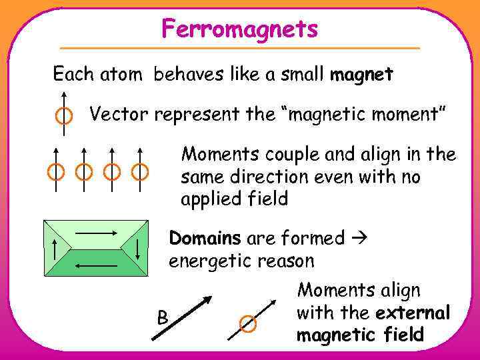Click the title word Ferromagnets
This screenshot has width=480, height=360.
point(239,29)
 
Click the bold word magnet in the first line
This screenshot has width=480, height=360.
point(361,75)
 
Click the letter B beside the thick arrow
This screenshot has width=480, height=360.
point(162,317)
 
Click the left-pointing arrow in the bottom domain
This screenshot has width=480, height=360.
point(96,266)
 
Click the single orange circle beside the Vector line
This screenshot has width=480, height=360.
point(63,116)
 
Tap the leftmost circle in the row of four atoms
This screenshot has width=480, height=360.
point(56,172)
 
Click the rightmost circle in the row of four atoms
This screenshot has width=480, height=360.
point(139,172)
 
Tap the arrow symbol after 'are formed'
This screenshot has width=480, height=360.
point(359,239)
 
